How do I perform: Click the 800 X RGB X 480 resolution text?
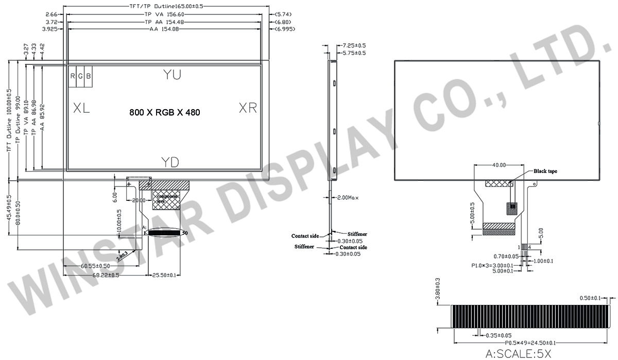(164, 112)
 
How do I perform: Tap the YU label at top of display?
(171, 75)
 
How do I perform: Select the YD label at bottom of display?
(169, 162)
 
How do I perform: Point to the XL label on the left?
(81, 108)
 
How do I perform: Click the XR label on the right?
(248, 108)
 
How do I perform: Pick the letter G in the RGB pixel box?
(80, 76)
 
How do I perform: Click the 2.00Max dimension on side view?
(348, 197)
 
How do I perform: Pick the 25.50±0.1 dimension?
(165, 275)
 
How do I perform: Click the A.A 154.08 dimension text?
(164, 29)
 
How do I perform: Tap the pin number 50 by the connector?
(185, 233)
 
